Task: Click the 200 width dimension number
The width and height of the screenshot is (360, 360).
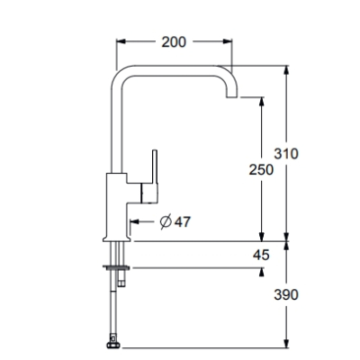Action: [x=174, y=42]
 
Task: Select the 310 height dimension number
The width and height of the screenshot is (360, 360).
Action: [x=286, y=154]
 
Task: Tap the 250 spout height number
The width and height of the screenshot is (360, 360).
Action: [x=261, y=170]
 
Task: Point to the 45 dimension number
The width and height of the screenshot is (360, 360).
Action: [x=261, y=255]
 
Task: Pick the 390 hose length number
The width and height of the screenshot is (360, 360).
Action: [x=286, y=294]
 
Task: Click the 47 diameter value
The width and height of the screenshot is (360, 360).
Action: [x=183, y=222]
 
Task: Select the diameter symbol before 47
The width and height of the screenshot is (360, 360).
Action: [x=166, y=222]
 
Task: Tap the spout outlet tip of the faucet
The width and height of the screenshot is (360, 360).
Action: [x=231, y=97]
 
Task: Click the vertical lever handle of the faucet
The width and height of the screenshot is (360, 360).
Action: [x=155, y=166]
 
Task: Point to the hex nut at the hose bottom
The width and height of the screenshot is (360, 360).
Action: [x=113, y=345]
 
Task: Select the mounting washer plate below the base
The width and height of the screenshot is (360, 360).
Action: [x=116, y=266]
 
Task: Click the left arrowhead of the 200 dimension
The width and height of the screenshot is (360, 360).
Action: [x=121, y=41]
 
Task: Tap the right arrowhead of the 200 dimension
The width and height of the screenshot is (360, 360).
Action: [x=228, y=41]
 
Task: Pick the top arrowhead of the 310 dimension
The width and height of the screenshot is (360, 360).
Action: [x=287, y=70]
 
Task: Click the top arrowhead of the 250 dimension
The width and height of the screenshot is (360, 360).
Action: [x=262, y=102]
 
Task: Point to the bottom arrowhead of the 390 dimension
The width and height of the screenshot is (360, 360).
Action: [x=287, y=344]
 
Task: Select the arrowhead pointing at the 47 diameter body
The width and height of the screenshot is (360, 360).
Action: [x=134, y=222]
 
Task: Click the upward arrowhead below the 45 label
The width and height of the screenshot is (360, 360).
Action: [x=262, y=272]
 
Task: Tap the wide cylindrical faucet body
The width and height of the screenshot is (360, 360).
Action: [x=117, y=207]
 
